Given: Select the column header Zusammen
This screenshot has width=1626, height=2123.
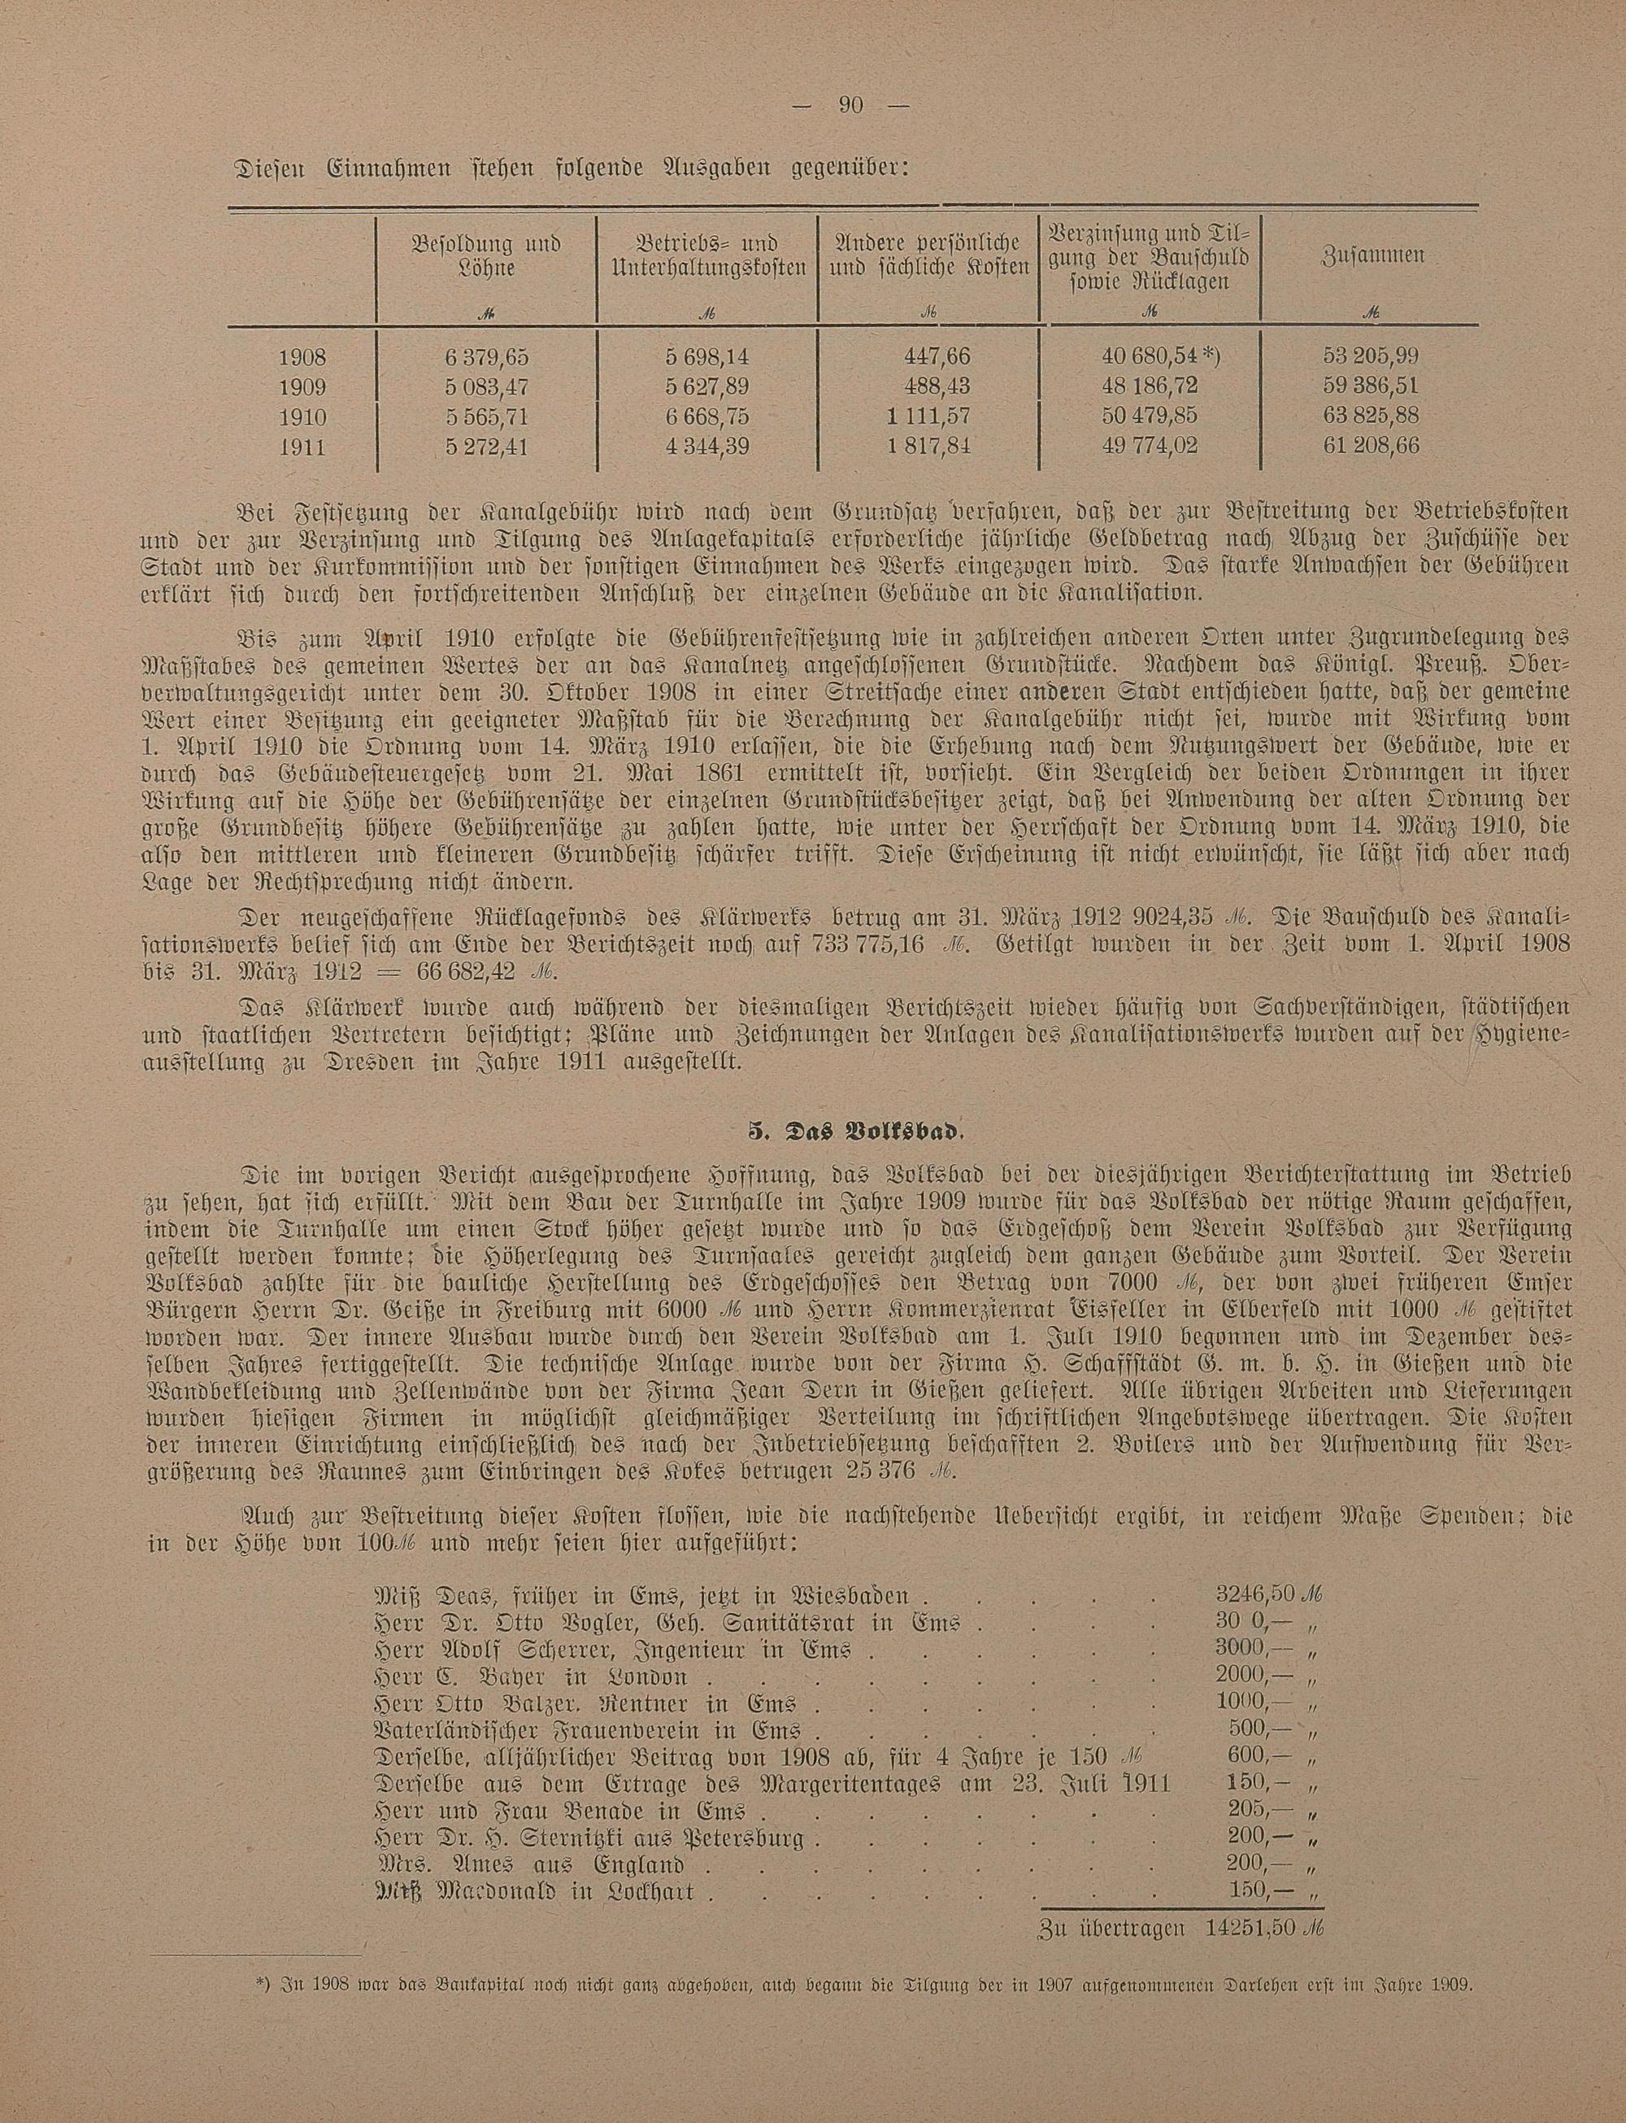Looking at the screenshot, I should click(1371, 256).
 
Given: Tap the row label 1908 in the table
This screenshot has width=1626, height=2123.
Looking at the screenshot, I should click(302, 356).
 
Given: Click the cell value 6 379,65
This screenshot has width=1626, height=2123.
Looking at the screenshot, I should click(487, 356).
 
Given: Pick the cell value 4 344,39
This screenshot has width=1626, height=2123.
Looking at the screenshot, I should click(706, 447).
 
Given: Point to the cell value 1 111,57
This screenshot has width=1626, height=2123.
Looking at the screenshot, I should click(927, 416).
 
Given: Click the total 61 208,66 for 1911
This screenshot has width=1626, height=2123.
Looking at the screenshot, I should click(1371, 447).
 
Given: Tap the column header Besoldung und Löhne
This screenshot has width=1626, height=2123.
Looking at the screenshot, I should click(487, 255).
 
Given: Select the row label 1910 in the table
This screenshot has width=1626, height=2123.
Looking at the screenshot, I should click(302, 416).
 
